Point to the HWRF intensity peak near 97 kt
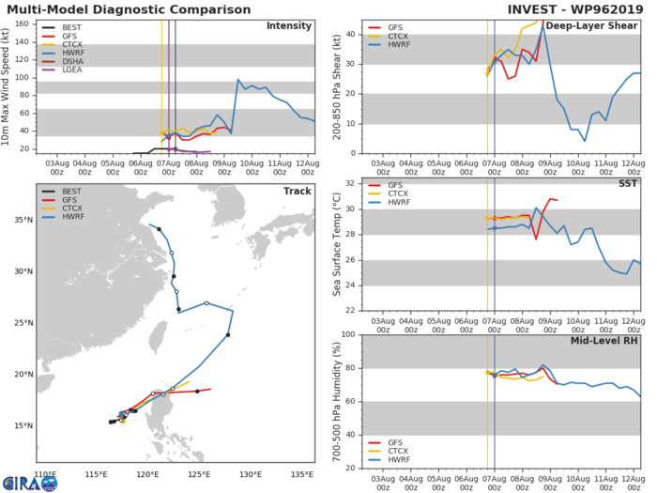pos(237,80)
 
